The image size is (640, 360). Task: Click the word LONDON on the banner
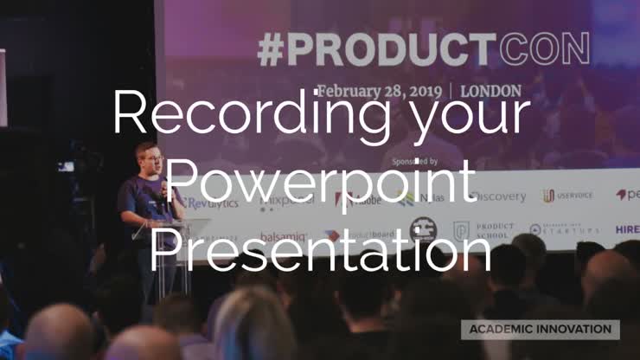pyautogui.click(x=491, y=90)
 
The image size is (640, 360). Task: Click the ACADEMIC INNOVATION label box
pyautogui.click(x=540, y=329)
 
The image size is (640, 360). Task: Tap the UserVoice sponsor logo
pyautogui.click(x=567, y=196)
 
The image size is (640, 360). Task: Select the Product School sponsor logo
pyautogui.click(x=484, y=230)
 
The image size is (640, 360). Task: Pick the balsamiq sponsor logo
pyautogui.click(x=283, y=236)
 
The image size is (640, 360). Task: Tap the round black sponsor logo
pyautogui.click(x=423, y=230)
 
